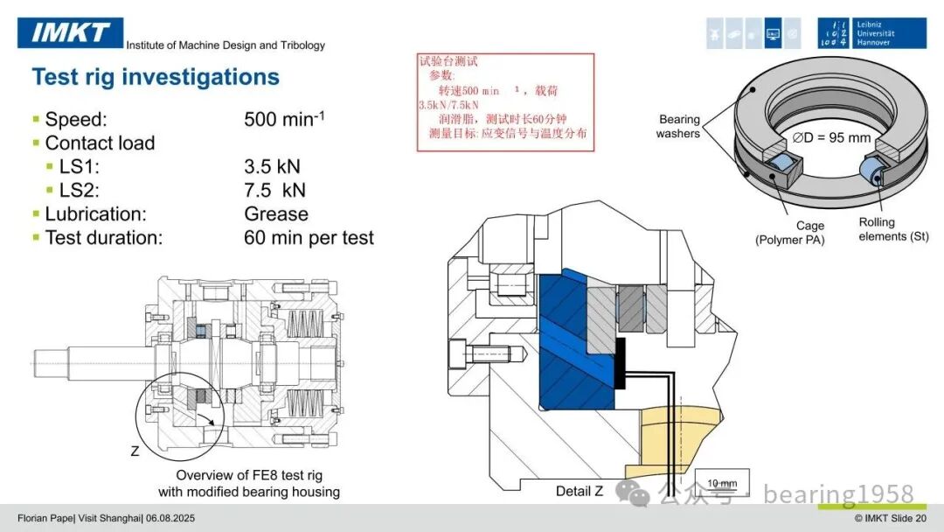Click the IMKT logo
[x=71, y=32]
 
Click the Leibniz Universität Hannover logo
[x=871, y=33]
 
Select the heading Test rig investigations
[x=156, y=77]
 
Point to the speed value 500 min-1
[x=284, y=119]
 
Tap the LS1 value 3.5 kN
[x=272, y=166]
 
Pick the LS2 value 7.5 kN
[x=275, y=190]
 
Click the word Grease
[x=276, y=213]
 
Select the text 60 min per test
[x=309, y=237]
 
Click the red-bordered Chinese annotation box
[x=506, y=101]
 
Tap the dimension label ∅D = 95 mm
[x=831, y=137]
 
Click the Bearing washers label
[x=678, y=127]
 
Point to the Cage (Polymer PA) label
[x=790, y=233]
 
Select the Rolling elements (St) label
[x=893, y=229]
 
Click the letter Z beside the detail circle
[x=135, y=451]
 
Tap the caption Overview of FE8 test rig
[x=249, y=475]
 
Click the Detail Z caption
[x=580, y=491]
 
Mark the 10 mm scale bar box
[x=722, y=482]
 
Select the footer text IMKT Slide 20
[x=891, y=518]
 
